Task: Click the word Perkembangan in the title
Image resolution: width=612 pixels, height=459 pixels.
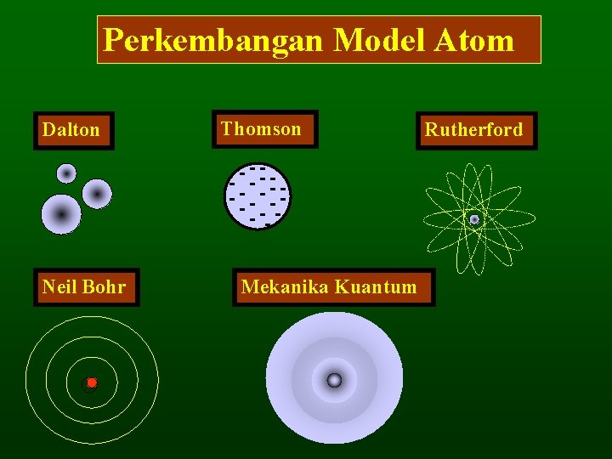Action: tap(212, 40)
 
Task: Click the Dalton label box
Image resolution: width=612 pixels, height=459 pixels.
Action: tap(73, 130)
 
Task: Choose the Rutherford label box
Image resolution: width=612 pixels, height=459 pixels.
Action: tap(476, 131)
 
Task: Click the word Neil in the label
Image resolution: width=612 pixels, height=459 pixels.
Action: tap(59, 287)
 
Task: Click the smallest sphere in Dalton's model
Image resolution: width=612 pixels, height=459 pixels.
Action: tap(66, 173)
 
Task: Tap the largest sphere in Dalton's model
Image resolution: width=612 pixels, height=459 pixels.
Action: tap(61, 214)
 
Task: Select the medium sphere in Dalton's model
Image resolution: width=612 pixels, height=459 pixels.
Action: tap(98, 195)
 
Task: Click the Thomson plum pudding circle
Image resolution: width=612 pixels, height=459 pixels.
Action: tap(258, 196)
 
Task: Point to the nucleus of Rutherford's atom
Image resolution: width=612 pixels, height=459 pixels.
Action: tap(474, 219)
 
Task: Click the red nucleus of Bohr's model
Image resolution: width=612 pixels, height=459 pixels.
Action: tap(91, 382)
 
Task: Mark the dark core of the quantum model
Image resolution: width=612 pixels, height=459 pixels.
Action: tap(334, 380)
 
